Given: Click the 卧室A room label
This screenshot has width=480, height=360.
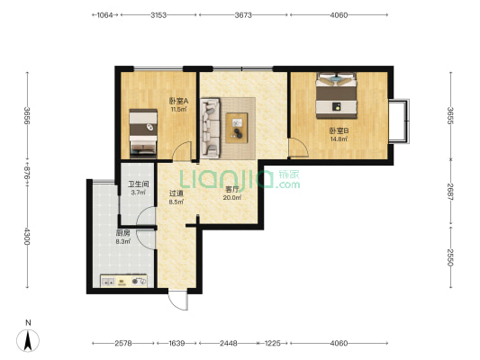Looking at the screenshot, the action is pyautogui.click(x=178, y=101).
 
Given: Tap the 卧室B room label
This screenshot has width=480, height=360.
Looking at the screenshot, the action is pyautogui.click(x=339, y=131).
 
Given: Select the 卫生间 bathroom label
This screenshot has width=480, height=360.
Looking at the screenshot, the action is pyautogui.click(x=139, y=184).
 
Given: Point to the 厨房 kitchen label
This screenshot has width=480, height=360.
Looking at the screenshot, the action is pyautogui.click(x=122, y=233).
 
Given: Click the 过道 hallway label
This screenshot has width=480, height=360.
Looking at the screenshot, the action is pyautogui.click(x=177, y=193).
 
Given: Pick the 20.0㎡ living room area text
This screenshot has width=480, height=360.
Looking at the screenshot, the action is pyautogui.click(x=232, y=198).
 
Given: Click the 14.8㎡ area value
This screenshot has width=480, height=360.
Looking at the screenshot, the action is pyautogui.click(x=339, y=139).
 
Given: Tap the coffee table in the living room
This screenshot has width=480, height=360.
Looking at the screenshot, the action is pyautogui.click(x=237, y=128).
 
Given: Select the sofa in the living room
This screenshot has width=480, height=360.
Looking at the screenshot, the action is pyautogui.click(x=211, y=128).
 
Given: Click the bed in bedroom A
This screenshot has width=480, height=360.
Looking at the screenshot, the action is pyautogui.click(x=143, y=134).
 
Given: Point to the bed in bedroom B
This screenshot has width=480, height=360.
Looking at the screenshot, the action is pyautogui.click(x=337, y=95).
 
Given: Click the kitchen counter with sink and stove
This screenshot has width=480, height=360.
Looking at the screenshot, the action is pyautogui.click(x=124, y=281).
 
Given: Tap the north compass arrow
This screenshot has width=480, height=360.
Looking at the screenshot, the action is pyautogui.click(x=28, y=341).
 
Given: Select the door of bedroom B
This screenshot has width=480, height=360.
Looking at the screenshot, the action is pyautogui.click(x=299, y=148).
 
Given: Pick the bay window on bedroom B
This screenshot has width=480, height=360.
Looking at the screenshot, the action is pyautogui.click(x=399, y=121).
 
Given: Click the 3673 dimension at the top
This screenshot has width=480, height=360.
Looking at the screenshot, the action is pyautogui.click(x=243, y=15).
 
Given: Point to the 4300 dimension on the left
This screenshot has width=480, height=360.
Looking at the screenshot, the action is pyautogui.click(x=27, y=236).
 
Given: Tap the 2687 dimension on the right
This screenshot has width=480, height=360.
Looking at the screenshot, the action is pyautogui.click(x=450, y=192).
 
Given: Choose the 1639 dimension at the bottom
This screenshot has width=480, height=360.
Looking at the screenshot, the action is pyautogui.click(x=177, y=344).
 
